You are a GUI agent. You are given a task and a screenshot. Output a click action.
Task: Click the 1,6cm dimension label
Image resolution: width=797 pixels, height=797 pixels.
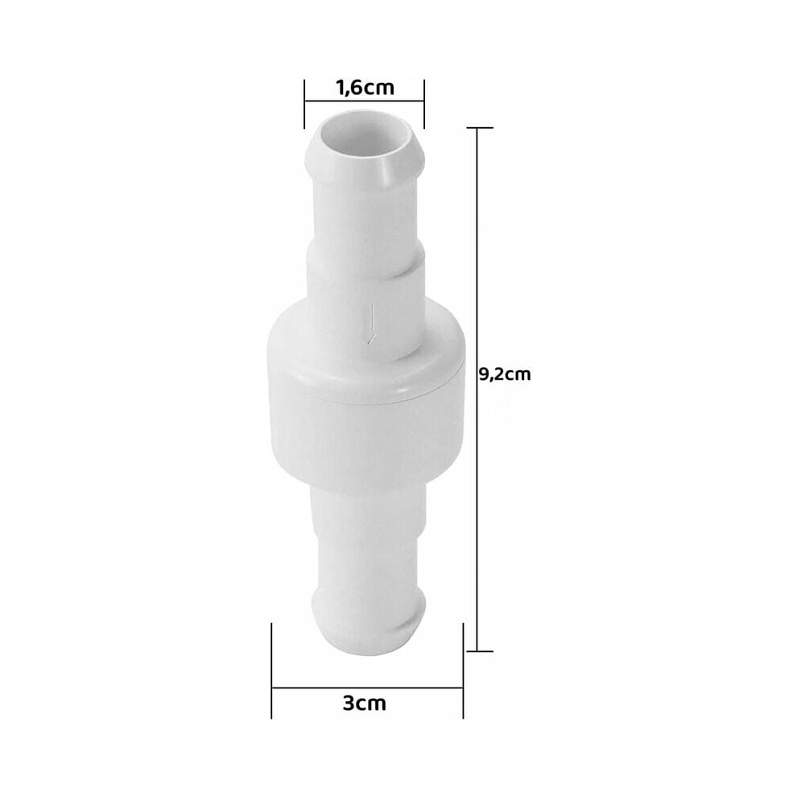365,88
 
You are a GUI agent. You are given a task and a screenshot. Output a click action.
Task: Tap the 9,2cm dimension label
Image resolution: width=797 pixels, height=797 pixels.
505,374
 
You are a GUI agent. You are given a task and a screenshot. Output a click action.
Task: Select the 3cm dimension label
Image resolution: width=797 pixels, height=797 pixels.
365,704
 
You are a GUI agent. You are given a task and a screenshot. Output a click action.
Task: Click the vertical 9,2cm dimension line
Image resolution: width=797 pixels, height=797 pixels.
477,390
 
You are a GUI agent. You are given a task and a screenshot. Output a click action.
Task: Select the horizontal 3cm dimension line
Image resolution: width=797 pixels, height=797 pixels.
367,688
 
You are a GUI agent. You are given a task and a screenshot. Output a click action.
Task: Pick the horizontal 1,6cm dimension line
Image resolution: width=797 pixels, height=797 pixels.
364,101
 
